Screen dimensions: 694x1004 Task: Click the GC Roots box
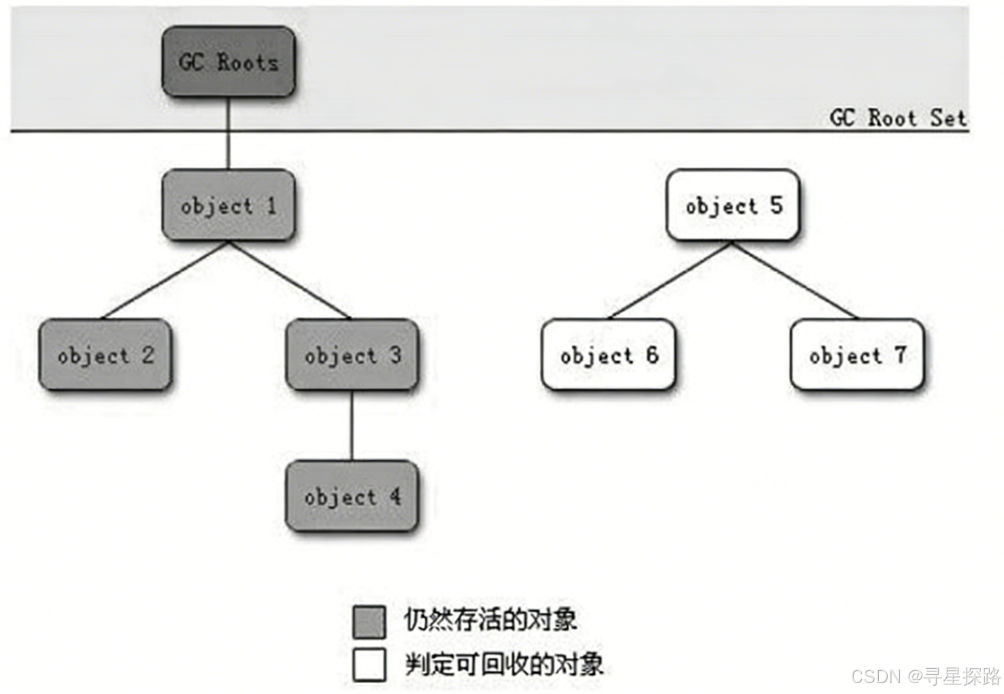coord(228,62)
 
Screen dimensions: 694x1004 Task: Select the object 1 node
coord(228,205)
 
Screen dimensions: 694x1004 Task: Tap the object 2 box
coord(105,354)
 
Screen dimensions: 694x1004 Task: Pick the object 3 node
coord(352,354)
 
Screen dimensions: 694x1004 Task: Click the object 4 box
coord(352,496)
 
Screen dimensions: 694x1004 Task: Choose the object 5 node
coord(733,205)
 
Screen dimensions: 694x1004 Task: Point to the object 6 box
coord(609,354)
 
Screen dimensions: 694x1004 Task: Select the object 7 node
coord(857,354)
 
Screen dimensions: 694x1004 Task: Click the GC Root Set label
coord(897,118)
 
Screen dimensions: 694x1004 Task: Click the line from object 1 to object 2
coord(165,280)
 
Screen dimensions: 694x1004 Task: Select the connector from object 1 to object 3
coord(290,280)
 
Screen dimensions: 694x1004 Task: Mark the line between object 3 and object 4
coord(352,425)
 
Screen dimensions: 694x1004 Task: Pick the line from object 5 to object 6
coord(671,280)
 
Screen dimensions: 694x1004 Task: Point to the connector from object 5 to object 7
coord(794,280)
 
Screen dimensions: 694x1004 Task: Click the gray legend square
coord(369,622)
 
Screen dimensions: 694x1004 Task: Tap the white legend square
coord(369,665)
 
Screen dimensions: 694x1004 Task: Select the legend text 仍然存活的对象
coord(490,620)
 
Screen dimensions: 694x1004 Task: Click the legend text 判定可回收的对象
coord(503,664)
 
